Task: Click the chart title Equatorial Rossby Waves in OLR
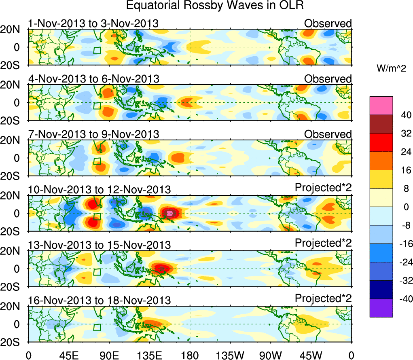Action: click(x=214, y=6)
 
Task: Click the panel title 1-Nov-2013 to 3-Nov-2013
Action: click(x=93, y=23)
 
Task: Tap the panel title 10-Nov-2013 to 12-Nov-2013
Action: click(x=100, y=189)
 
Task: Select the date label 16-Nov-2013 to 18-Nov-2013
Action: click(x=100, y=300)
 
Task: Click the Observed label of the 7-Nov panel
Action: click(x=328, y=134)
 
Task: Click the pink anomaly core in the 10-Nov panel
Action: click(x=170, y=213)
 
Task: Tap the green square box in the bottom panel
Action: click(x=97, y=327)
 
